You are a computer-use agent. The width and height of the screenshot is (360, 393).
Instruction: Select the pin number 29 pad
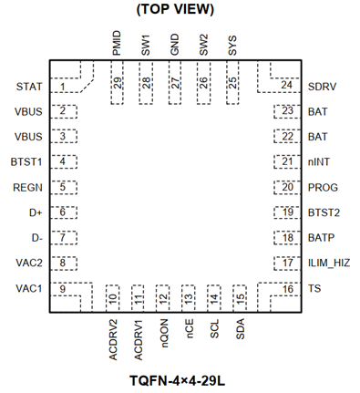click(x=118, y=82)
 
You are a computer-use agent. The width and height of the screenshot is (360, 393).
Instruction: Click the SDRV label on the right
click(x=324, y=87)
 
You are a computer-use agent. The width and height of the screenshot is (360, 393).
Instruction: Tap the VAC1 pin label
click(x=29, y=289)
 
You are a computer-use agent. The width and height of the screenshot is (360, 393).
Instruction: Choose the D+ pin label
click(x=36, y=212)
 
